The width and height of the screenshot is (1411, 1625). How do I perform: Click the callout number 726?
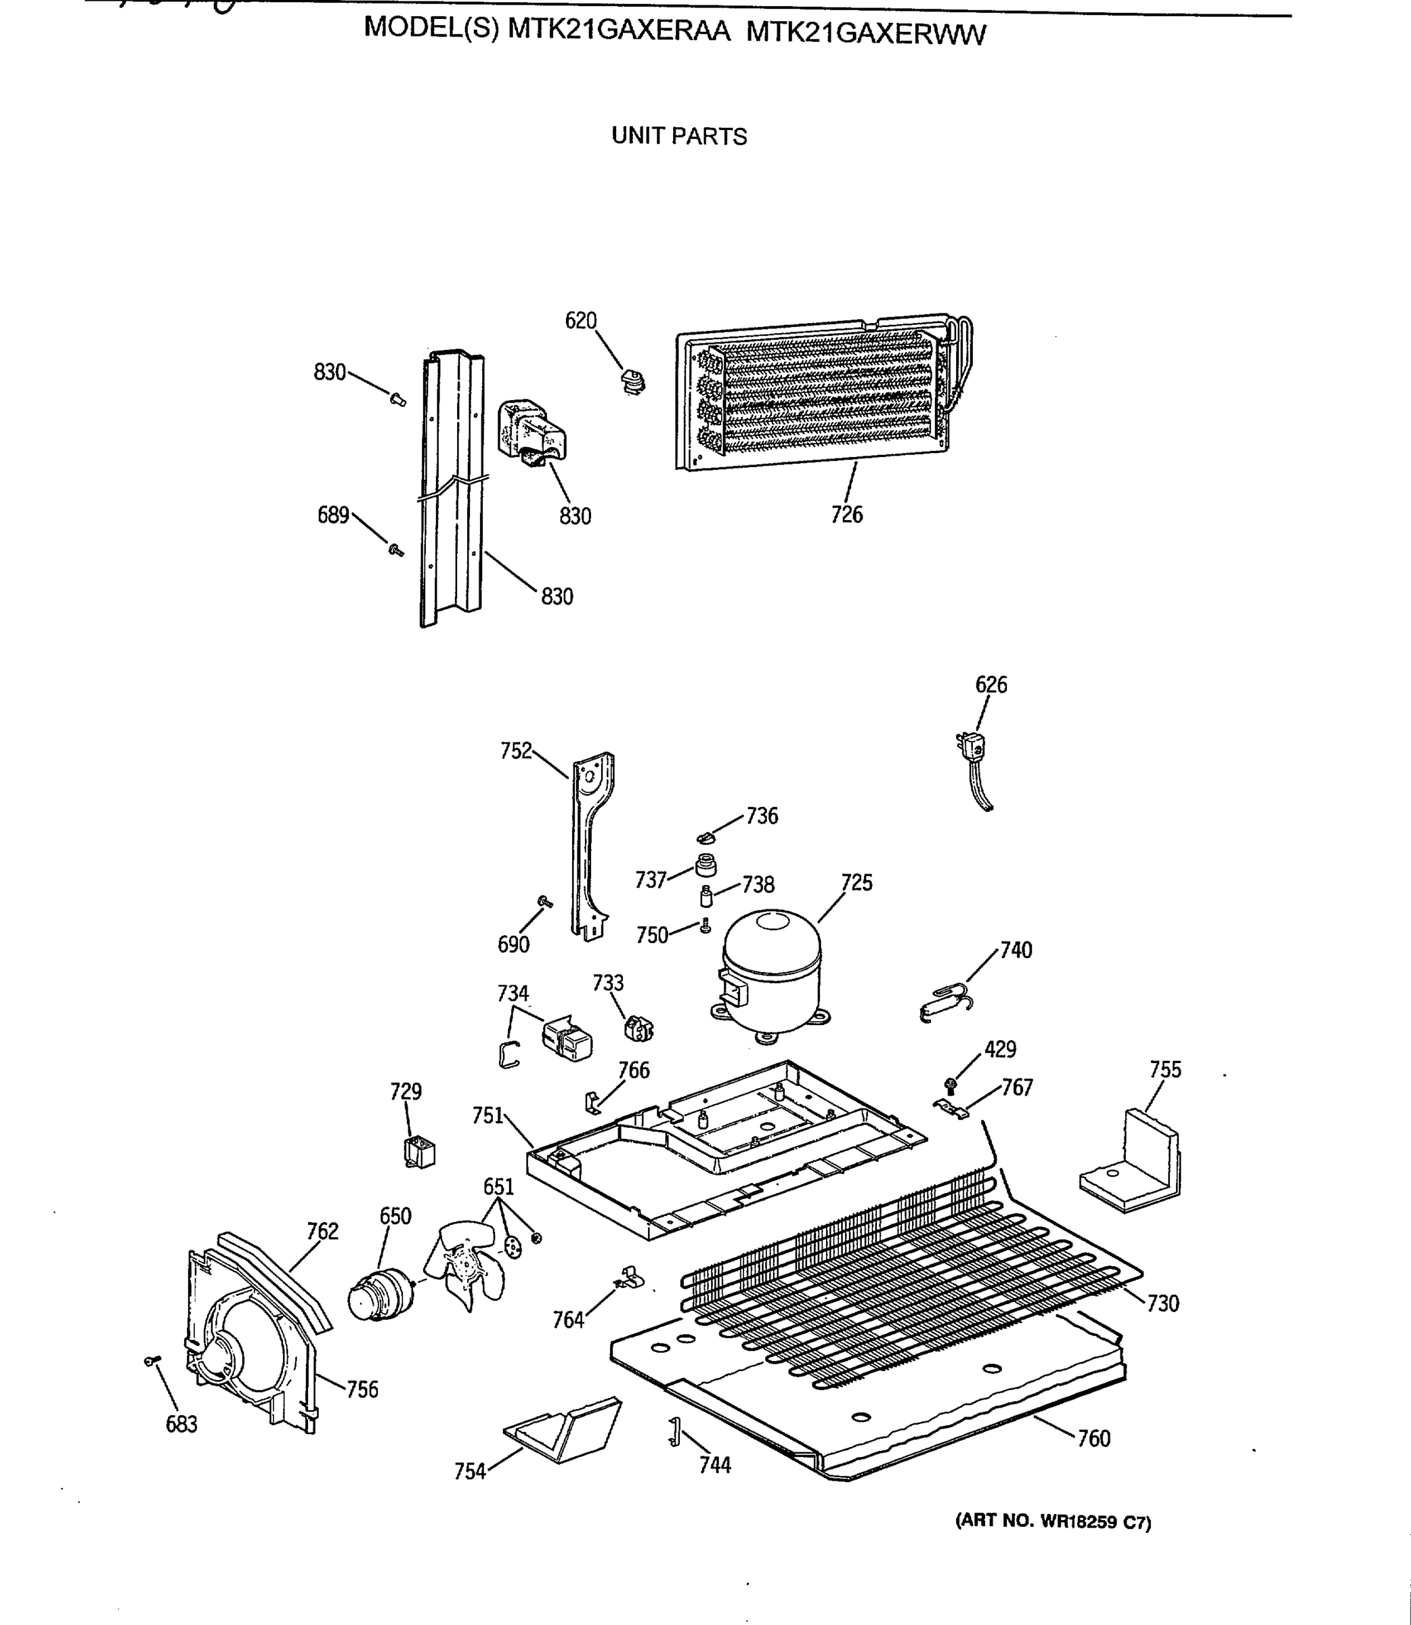tap(846, 514)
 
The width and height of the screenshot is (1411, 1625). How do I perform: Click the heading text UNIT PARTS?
tap(678, 136)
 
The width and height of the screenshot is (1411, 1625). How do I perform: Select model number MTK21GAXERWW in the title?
tap(865, 34)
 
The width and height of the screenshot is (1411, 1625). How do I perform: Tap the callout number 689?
tap(332, 515)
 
